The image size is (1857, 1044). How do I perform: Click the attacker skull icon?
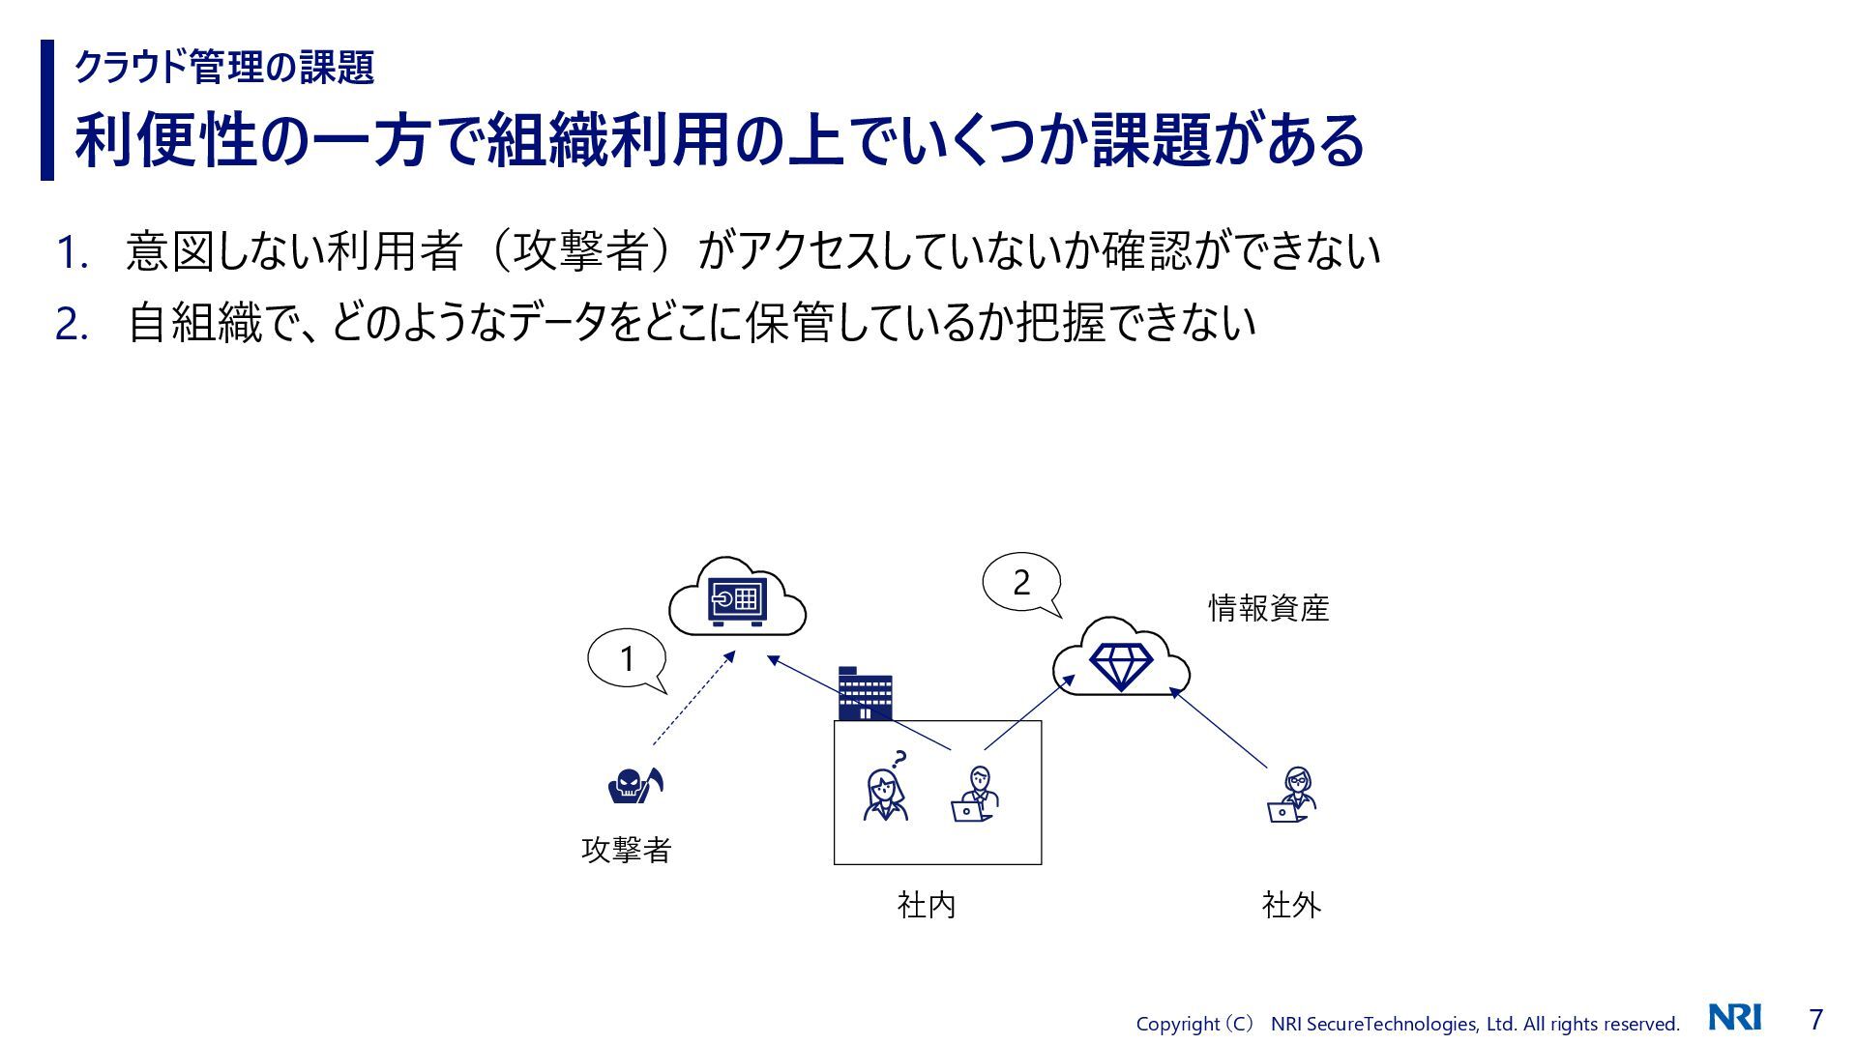pyautogui.click(x=634, y=785)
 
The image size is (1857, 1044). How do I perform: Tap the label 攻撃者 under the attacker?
pyautogui.click(x=626, y=850)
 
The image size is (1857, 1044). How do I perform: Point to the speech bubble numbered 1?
pyautogui.click(x=627, y=659)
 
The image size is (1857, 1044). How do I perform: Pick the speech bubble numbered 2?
pyautogui.click(x=1021, y=583)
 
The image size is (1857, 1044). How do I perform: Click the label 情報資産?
pyautogui.click(x=1268, y=608)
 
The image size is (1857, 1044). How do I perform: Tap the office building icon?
pyautogui.click(x=864, y=693)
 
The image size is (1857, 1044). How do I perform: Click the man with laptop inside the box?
pyautogui.click(x=974, y=795)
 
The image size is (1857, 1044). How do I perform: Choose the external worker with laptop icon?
pyautogui.click(x=1292, y=795)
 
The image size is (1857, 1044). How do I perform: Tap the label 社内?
pyautogui.click(x=926, y=905)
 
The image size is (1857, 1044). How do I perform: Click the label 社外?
pyautogui.click(x=1291, y=905)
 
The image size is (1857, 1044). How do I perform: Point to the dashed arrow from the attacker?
pyautogui.click(x=693, y=698)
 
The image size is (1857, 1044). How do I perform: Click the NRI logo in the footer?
pyautogui.click(x=1734, y=1018)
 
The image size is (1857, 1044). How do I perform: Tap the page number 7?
pyautogui.click(x=1815, y=1019)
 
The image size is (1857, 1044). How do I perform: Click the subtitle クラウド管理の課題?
pyautogui.click(x=224, y=67)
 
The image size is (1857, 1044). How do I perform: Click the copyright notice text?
pyautogui.click(x=1406, y=1024)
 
